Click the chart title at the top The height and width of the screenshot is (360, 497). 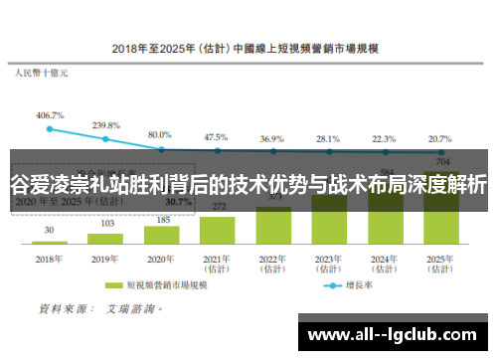click(x=248, y=47)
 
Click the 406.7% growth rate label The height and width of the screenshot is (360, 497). click(x=49, y=115)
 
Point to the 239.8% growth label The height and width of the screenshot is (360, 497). click(x=105, y=125)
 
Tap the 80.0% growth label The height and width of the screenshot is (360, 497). click(x=160, y=134)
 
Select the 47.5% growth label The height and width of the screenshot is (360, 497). click(x=216, y=136)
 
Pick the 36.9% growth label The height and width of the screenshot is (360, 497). click(x=271, y=138)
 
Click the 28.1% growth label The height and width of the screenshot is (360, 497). click(x=328, y=138)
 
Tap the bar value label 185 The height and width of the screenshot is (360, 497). click(x=160, y=218)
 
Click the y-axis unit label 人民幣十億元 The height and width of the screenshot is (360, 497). click(x=41, y=73)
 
